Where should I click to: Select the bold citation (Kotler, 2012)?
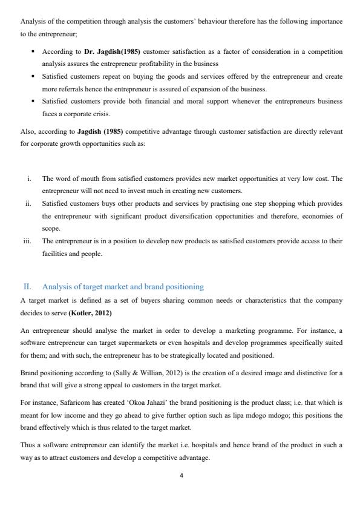[90, 313]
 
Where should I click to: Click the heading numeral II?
[27, 286]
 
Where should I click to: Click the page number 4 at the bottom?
[181, 475]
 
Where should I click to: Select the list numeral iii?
[27, 240]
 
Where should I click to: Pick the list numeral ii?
[28, 203]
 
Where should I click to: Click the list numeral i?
[29, 179]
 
